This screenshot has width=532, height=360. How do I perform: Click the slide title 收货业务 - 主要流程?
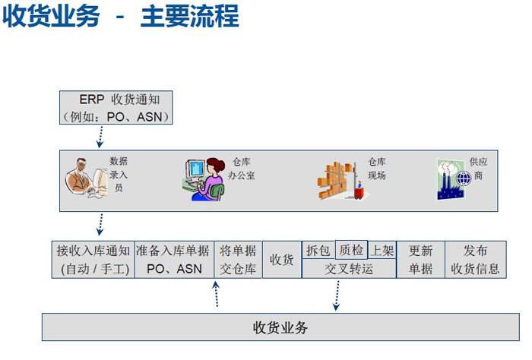pos(121,17)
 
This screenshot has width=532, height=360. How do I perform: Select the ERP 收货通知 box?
pos(117,108)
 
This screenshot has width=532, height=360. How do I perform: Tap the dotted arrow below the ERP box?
pos(100,137)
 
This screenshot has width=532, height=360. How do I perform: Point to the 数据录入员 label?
pos(119,174)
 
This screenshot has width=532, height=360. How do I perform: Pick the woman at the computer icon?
pos(204,178)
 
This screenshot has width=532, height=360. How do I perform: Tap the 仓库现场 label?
pos(377,169)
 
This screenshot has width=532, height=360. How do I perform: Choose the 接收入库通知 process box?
pos(93,260)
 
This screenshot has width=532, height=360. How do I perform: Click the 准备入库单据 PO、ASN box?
pos(173,260)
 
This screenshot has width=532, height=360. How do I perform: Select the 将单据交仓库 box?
pos(238,260)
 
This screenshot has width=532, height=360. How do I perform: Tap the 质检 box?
pos(351,250)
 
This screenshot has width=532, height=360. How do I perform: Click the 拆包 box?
pos(318,251)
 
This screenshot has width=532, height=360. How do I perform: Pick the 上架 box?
pos(382,251)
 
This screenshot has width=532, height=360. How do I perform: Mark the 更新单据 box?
pos(421,260)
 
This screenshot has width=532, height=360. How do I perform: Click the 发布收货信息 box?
pos(475,260)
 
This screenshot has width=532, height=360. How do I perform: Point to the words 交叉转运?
pos(349,269)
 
